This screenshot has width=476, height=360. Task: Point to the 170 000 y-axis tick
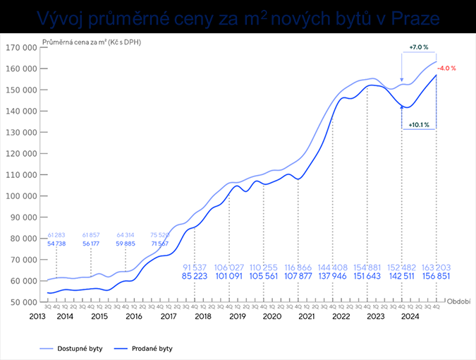click(x=22, y=48)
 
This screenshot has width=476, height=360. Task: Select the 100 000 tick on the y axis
click(x=22, y=196)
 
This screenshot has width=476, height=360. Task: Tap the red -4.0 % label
click(x=447, y=68)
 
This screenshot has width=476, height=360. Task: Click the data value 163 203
click(x=438, y=268)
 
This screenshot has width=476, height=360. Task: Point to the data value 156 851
click(x=438, y=277)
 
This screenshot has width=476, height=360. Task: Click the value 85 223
click(x=195, y=277)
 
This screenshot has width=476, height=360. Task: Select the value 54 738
click(x=56, y=243)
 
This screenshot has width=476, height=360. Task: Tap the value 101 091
click(x=229, y=277)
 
